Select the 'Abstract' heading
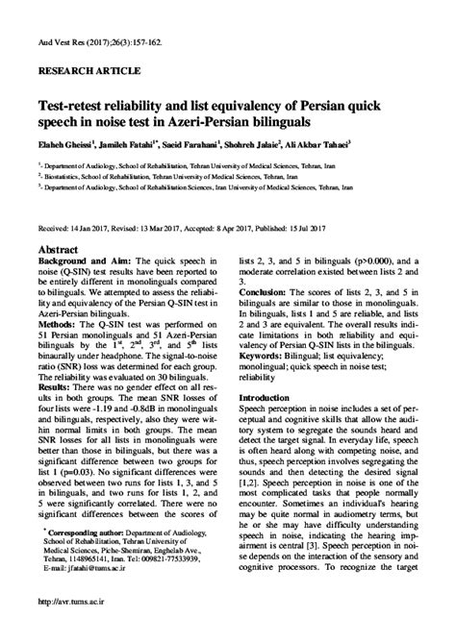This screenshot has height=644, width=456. click(60, 247)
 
